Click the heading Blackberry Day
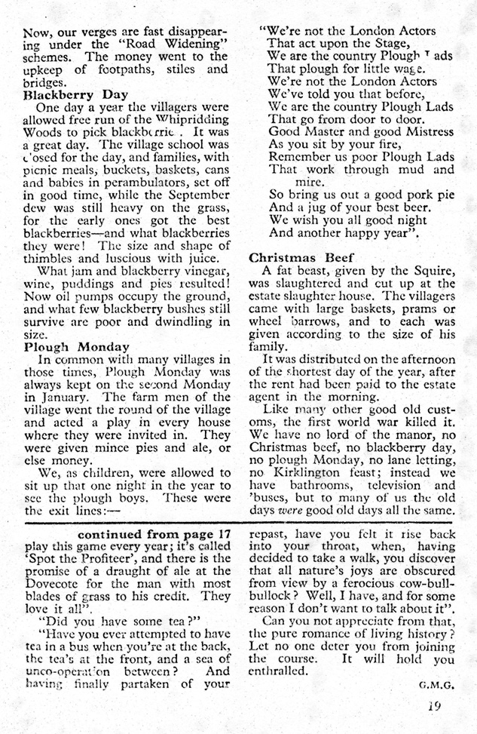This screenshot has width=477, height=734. click(x=66, y=96)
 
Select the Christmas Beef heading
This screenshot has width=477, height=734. click(x=295, y=256)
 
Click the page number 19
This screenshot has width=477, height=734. click(x=431, y=707)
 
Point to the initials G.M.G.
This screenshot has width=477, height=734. click(x=428, y=686)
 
